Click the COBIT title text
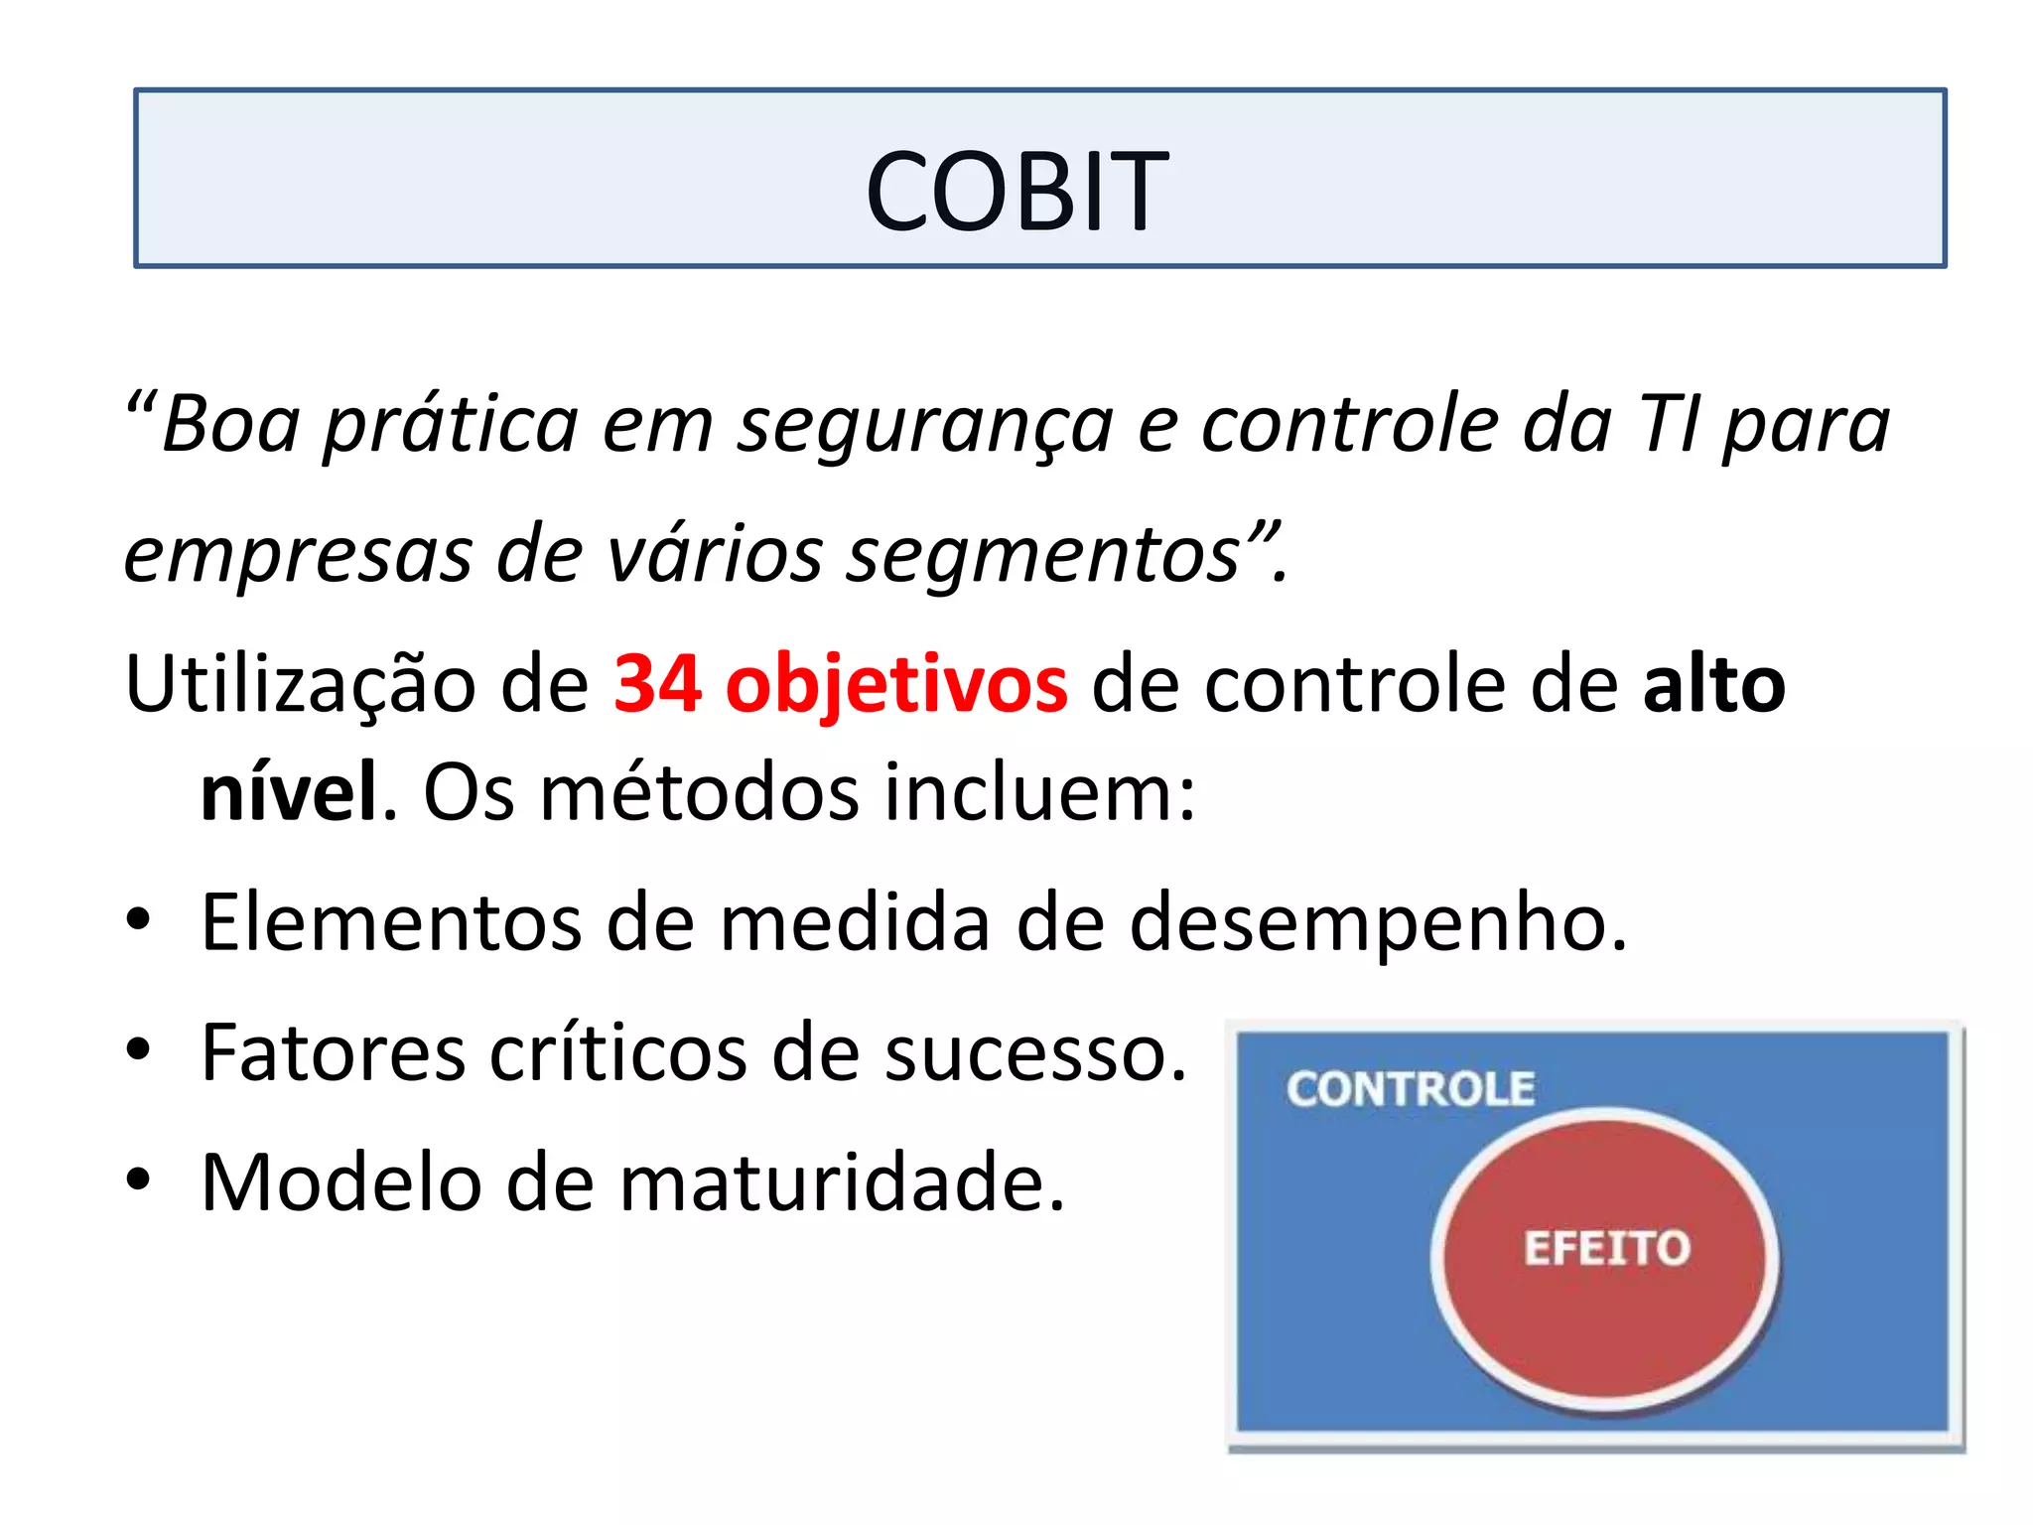tap(1016, 190)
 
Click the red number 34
tap(657, 684)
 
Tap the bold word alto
tap(1713, 684)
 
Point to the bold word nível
tap(289, 792)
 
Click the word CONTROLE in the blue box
tap(1411, 1089)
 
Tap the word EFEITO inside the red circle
tap(1606, 1248)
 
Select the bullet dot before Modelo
tap(138, 1178)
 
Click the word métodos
tap(701, 792)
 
